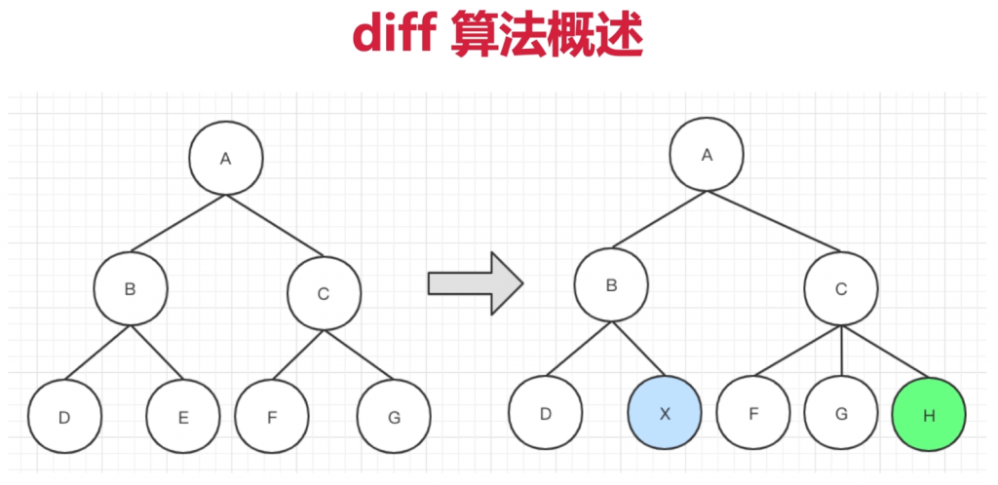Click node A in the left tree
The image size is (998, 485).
click(x=226, y=159)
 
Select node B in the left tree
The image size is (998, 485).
click(x=131, y=288)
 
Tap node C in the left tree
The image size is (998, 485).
click(x=324, y=293)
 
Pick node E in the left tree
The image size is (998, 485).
click(x=183, y=417)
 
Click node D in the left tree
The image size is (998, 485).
click(x=65, y=417)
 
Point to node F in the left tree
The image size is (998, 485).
click(x=272, y=417)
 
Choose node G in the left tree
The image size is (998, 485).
click(x=394, y=417)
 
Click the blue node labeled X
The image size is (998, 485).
click(x=665, y=413)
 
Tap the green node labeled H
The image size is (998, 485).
click(x=929, y=415)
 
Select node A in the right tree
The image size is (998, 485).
click(x=707, y=155)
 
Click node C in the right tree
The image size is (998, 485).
click(x=841, y=289)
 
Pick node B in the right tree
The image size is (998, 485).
click(x=612, y=284)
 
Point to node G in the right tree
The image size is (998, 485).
click(x=841, y=413)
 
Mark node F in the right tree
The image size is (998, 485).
click(x=753, y=413)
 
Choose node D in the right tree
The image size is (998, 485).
click(x=546, y=413)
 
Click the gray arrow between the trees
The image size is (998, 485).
click(x=476, y=282)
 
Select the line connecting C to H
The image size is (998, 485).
click(x=885, y=353)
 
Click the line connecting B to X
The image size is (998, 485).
click(x=638, y=349)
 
